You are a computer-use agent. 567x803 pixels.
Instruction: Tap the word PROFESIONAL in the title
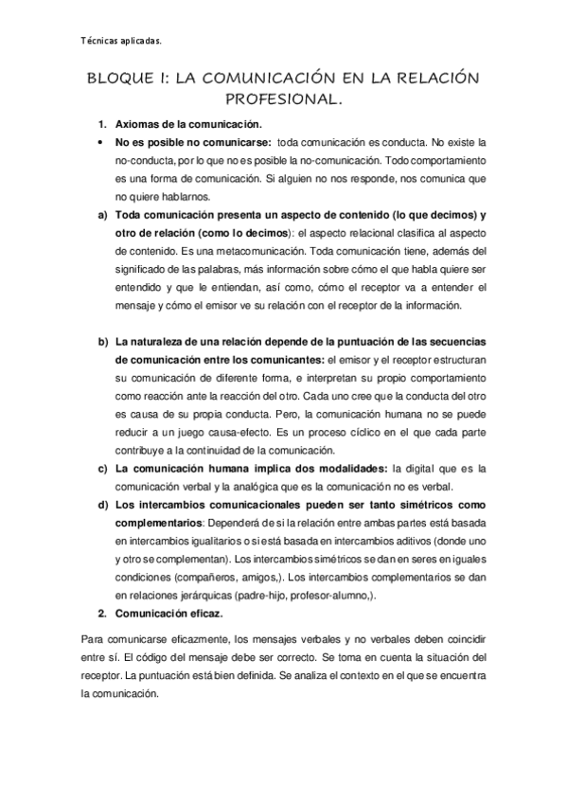pyautogui.click(x=283, y=98)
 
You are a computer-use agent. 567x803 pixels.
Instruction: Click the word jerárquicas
pyautogui.click(x=201, y=594)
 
